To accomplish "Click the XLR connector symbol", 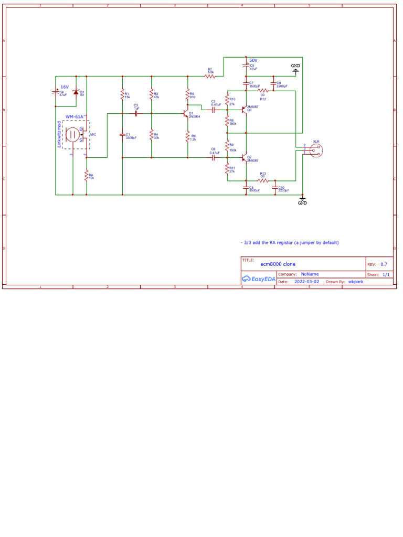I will coord(316,150).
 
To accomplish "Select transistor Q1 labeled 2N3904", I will coord(186,113).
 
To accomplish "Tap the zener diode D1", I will coord(76,93).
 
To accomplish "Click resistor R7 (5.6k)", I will coord(210,77).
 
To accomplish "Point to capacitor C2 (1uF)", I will coord(136,113).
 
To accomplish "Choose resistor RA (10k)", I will coord(87,177).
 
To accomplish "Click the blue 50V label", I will coord(253,60).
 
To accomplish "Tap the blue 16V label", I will coord(65,87).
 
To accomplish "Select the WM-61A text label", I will coord(75,116).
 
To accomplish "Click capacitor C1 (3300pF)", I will coord(122,135).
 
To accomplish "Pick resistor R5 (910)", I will coord(187,95).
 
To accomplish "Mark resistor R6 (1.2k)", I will coord(187,137).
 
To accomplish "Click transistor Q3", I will coord(245,109).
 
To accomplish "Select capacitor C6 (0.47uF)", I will coord(214,157).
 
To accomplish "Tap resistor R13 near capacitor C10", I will coord(263,180).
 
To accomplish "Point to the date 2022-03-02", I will coord(306,282).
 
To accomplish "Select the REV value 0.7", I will coord(384,264).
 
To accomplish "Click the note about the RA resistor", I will coord(290,243).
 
